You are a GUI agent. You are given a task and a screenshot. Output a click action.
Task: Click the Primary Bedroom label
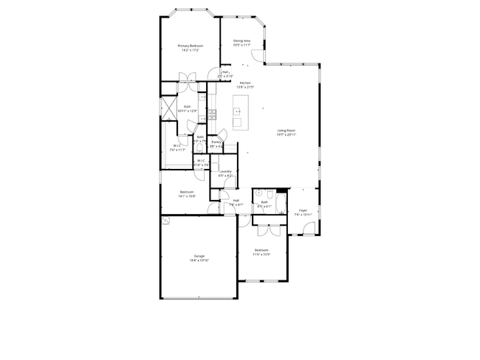point(190,46)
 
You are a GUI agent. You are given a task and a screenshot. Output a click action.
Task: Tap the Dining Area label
point(242,41)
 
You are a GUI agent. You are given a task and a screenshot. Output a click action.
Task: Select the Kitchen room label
point(244,83)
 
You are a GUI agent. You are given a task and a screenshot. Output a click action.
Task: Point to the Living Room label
point(287,131)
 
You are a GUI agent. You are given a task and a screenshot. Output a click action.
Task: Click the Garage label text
point(199,256)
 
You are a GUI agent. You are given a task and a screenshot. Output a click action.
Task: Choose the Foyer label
point(303,210)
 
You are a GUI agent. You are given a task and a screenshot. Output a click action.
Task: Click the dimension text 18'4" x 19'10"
point(199,260)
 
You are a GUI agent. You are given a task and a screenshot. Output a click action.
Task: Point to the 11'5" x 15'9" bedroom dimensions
point(263,255)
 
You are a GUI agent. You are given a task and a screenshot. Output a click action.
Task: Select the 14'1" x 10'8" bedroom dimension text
point(187,196)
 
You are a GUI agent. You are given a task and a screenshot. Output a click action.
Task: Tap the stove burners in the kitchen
point(212,114)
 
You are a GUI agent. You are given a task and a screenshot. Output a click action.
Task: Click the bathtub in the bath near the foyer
point(281,203)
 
